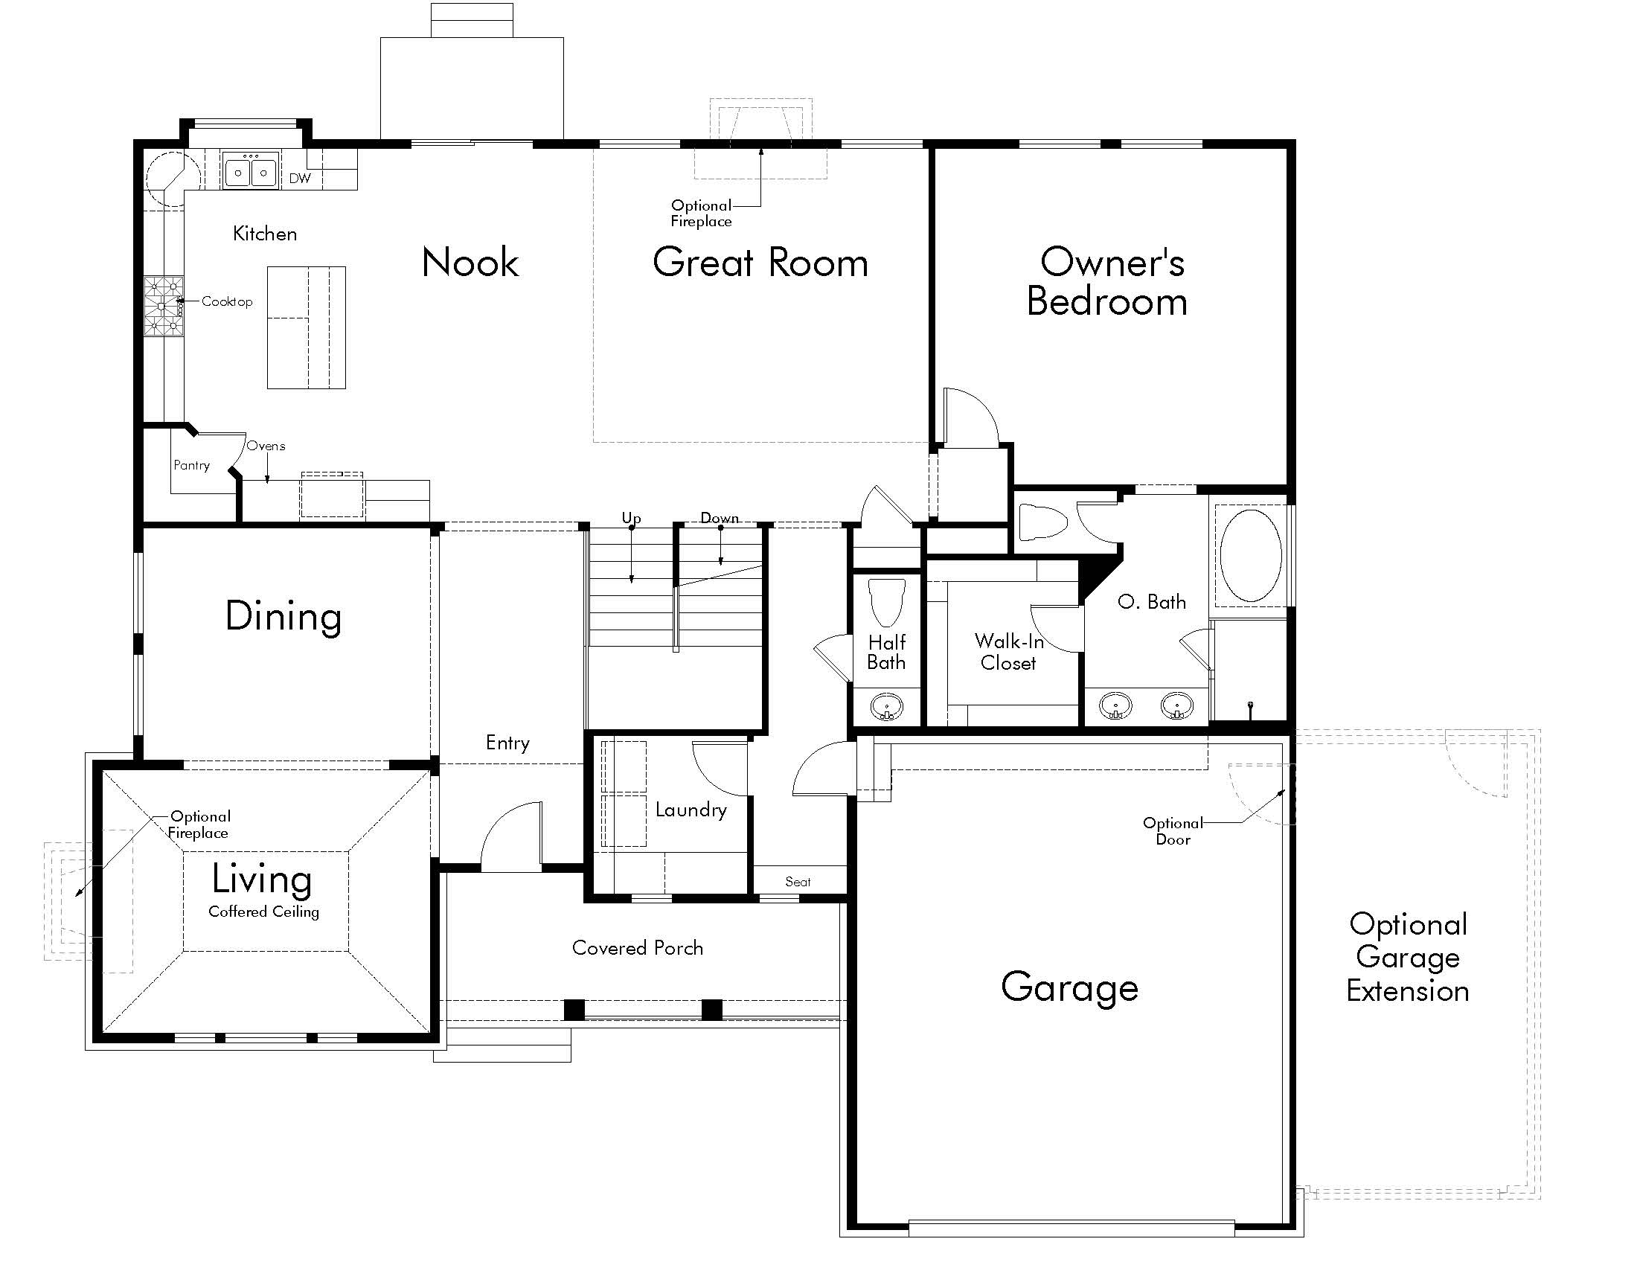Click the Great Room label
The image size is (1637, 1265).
tap(760, 262)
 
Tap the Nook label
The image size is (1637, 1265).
tap(470, 262)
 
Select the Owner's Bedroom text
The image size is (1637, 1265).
tap(1108, 282)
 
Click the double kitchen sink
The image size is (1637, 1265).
tap(251, 172)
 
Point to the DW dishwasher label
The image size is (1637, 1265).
tap(300, 179)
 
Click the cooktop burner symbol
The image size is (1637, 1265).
tap(164, 306)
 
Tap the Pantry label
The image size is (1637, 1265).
tap(192, 465)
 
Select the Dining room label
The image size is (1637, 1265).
tap(283, 617)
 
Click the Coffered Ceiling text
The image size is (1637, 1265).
tap(264, 912)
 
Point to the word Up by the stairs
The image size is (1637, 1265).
tap(631, 518)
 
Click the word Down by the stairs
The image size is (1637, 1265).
tap(720, 518)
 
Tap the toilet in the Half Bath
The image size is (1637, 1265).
tap(887, 601)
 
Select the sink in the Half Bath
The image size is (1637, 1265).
tap(887, 706)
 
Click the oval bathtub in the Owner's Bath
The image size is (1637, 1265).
tap(1250, 555)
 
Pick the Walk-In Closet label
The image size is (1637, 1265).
tap(1009, 652)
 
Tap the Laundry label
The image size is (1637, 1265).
tap(691, 810)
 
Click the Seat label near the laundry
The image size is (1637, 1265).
tap(798, 882)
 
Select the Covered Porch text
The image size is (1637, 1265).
tap(638, 948)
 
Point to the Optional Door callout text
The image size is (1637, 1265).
tap(1173, 831)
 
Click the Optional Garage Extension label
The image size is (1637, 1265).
tap(1408, 958)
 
